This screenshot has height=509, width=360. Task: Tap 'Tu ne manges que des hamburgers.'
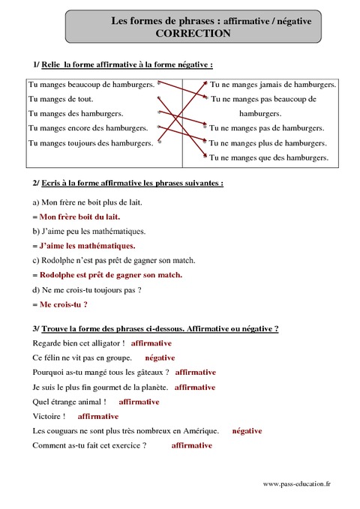point(269,157)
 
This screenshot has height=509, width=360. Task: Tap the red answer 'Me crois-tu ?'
point(64,304)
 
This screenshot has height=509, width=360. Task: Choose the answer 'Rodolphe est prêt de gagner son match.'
point(111,274)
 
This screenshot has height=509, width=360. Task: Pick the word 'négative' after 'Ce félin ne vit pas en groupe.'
point(160,358)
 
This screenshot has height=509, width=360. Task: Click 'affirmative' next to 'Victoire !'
point(98,415)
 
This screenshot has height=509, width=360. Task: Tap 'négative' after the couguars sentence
point(247,430)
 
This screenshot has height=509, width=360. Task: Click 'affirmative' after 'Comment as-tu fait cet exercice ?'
point(191,445)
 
